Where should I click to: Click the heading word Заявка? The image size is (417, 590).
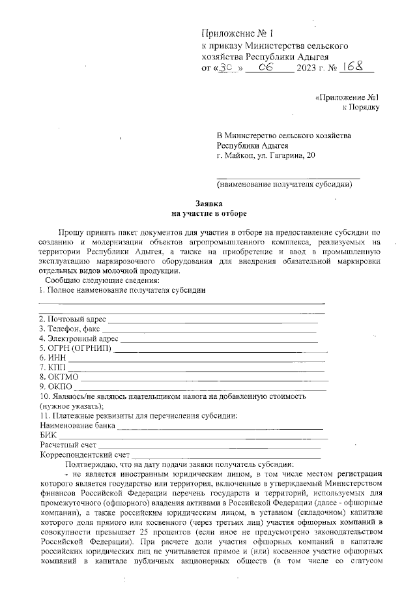[209, 203]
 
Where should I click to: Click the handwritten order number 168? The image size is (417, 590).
[353, 66]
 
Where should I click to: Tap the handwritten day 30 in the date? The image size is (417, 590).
[227, 67]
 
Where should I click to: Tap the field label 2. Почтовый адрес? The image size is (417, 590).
[72, 319]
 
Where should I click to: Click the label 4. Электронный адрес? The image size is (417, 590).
[78, 339]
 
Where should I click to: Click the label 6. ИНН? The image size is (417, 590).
[51, 357]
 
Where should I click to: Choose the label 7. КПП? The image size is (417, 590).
[52, 367]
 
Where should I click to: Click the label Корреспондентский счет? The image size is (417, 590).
[84, 454]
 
